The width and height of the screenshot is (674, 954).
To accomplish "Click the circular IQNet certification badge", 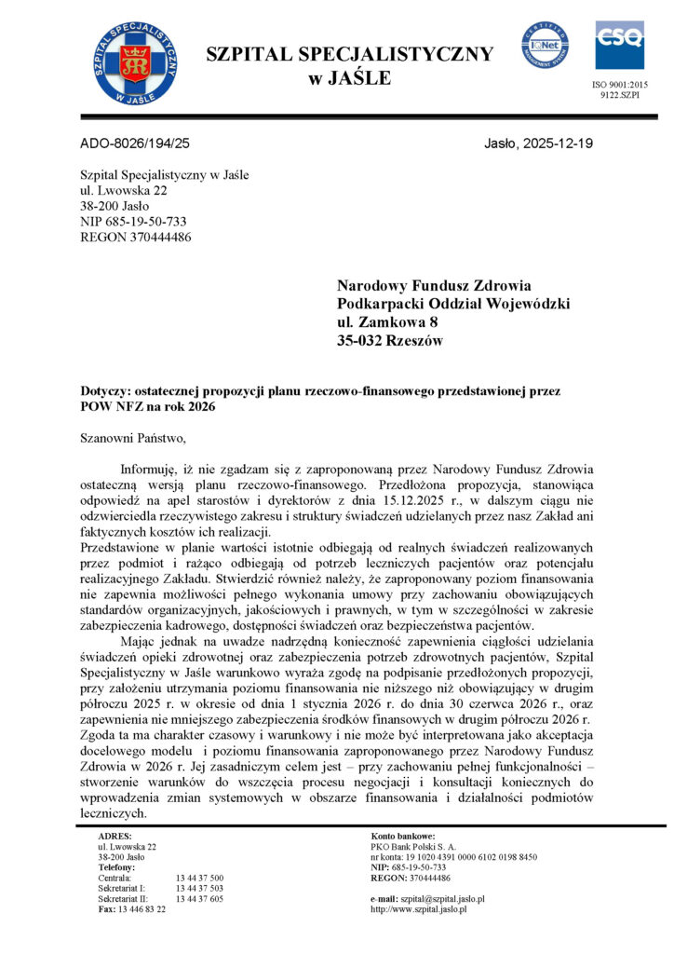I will [x=546, y=45].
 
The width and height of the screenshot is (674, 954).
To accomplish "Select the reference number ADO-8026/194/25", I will [x=136, y=143].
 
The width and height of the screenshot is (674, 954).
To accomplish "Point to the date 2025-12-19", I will [x=559, y=143].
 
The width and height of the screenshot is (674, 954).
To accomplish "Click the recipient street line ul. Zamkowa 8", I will [x=387, y=322].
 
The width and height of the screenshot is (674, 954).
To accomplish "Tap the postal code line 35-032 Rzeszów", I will [x=390, y=341].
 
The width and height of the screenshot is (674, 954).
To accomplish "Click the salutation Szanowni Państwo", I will [x=134, y=439].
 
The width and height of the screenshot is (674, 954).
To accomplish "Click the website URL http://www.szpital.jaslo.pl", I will [x=418, y=908].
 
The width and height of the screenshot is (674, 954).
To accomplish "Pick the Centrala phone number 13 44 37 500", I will [x=198, y=878].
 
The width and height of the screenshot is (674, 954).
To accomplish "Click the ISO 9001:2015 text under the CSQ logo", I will [x=620, y=85].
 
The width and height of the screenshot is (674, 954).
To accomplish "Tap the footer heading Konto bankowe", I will [x=403, y=836].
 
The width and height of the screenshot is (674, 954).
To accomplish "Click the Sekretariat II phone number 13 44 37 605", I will [x=198, y=898].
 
